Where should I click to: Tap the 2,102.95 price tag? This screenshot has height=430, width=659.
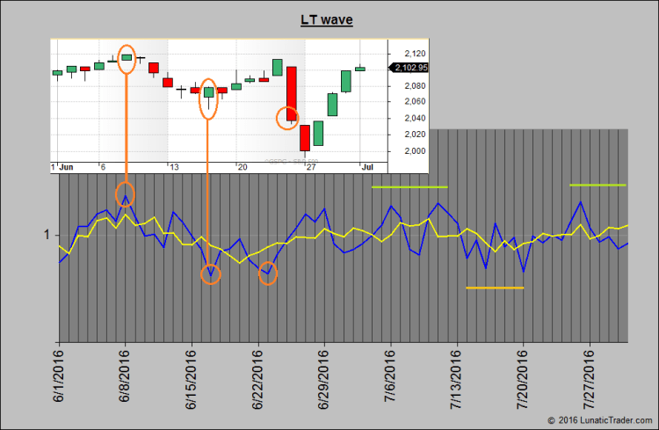tap(411, 68)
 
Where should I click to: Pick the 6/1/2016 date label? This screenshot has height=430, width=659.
tap(59, 376)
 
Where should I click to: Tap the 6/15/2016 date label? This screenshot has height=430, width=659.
tap(192, 376)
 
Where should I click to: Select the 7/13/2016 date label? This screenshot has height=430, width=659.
tap(457, 376)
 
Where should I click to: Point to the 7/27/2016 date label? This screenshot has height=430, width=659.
tap(590, 376)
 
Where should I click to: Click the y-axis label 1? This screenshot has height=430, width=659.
tap(46, 235)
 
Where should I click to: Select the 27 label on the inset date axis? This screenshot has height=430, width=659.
tap(308, 166)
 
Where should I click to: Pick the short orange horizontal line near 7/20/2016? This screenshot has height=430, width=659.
tap(495, 288)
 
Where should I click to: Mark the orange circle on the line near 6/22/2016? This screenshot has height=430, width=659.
tap(268, 273)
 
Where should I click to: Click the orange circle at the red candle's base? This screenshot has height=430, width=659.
tap(287, 117)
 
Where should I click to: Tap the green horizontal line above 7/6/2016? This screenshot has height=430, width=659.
tap(409, 186)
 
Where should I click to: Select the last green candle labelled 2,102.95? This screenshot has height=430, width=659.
tap(360, 68)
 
